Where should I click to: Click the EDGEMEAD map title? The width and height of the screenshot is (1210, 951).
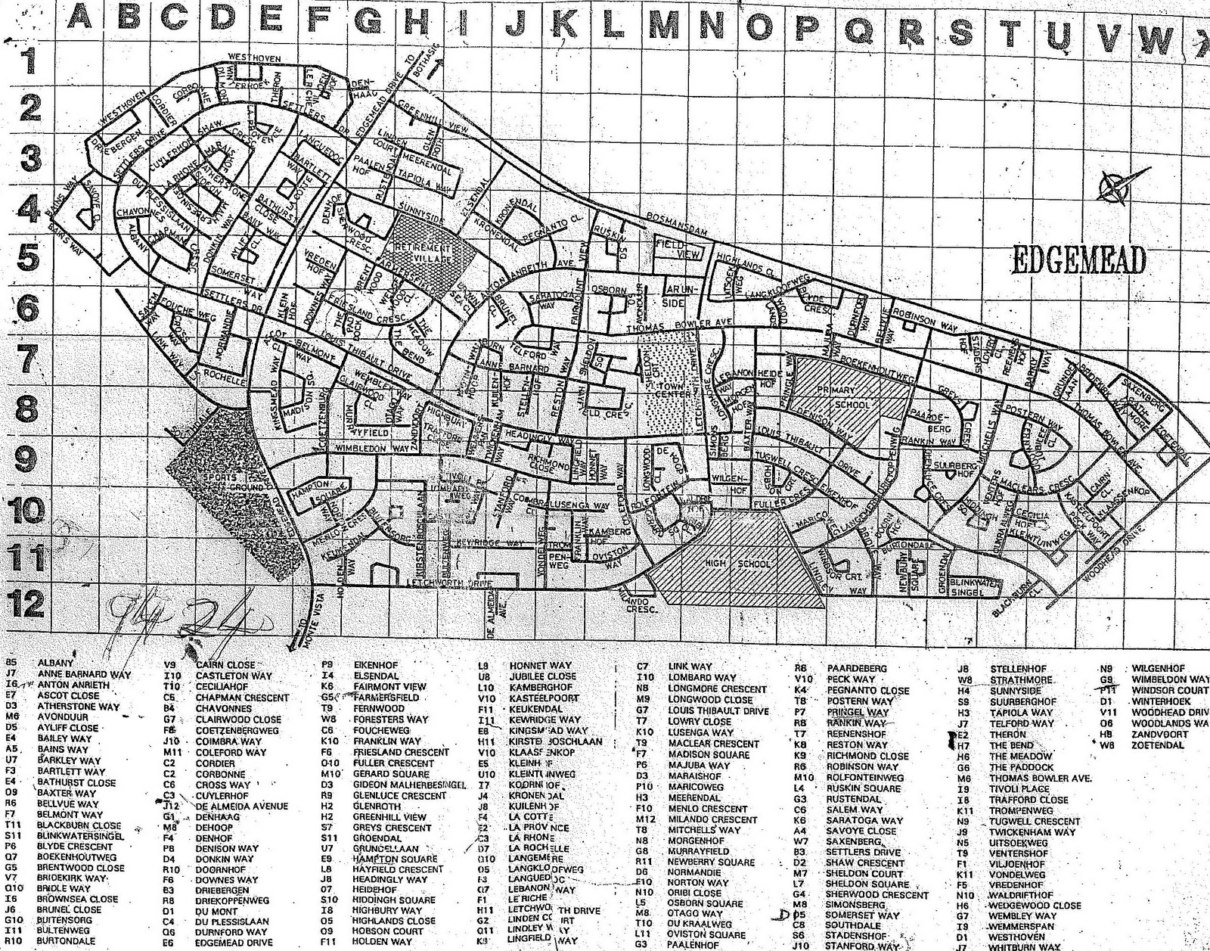point(1078,260)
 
